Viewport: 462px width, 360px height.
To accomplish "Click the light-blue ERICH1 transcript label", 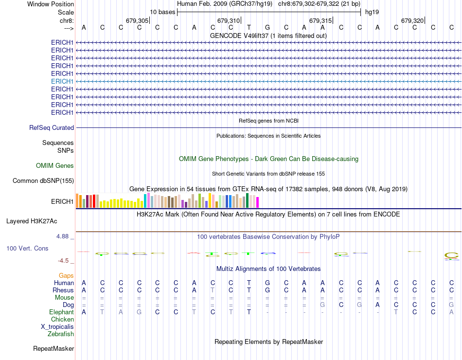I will click(x=62, y=81).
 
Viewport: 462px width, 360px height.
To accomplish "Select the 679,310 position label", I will click(x=228, y=20).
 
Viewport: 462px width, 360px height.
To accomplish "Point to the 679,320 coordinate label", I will click(x=412, y=20).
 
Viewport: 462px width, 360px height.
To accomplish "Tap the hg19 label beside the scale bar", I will click(x=372, y=12).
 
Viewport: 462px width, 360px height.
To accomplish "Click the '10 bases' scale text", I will click(x=162, y=12).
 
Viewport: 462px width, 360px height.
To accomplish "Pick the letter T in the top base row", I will click(x=249, y=28).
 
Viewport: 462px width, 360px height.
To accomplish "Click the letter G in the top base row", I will click(x=267, y=28).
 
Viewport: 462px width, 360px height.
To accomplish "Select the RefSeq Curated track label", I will click(x=52, y=127).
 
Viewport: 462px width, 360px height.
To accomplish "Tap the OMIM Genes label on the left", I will click(x=55, y=165).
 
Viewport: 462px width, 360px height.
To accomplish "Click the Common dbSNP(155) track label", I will click(x=43, y=181).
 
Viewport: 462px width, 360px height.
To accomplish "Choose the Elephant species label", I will click(x=61, y=312).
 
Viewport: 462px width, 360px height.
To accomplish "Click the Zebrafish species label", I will click(x=61, y=334).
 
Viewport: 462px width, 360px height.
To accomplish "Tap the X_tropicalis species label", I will click(x=57, y=326).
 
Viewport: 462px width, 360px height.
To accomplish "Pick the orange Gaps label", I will click(x=66, y=275).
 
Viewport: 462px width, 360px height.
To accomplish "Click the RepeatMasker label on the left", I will click(x=53, y=348).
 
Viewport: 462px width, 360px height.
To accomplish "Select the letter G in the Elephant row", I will click(x=139, y=312).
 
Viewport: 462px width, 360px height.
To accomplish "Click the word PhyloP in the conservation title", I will click(x=330, y=237).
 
